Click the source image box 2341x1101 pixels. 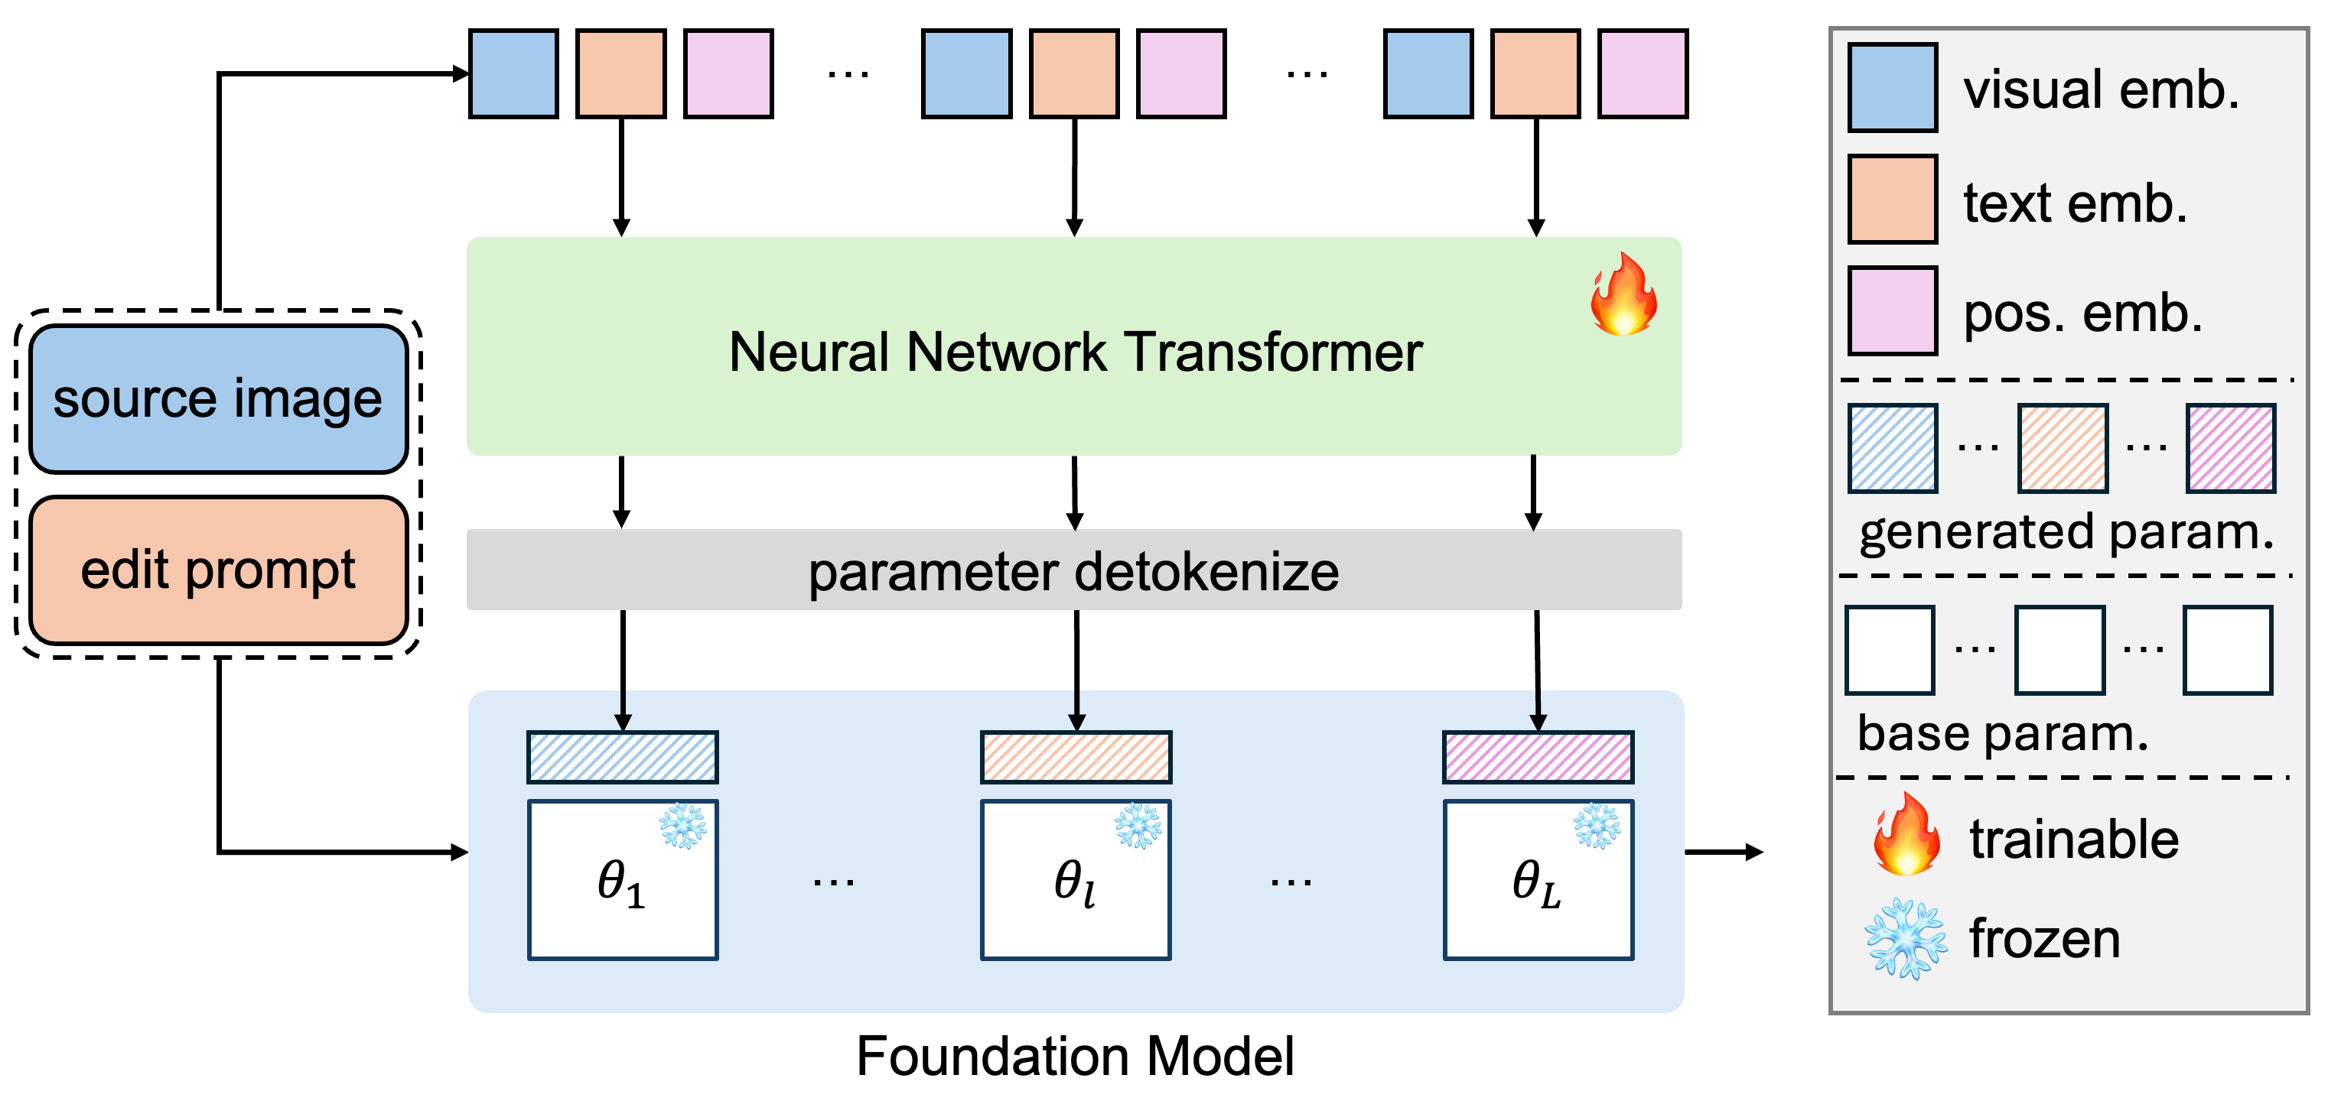click(218, 400)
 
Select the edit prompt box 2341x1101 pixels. click(218, 570)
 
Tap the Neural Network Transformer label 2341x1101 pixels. click(1075, 352)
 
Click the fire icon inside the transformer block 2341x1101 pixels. click(1624, 294)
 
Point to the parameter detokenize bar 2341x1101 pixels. click(1073, 570)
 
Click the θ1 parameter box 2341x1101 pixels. click(623, 879)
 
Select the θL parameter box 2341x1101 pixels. click(1538, 879)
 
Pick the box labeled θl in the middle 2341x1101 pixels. click(1075, 879)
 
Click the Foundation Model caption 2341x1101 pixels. click(1075, 1056)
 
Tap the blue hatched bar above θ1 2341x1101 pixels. click(623, 757)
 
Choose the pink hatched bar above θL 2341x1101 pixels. click(1538, 757)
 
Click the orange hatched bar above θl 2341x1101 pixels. click(1076, 757)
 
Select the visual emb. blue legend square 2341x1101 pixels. click(1892, 87)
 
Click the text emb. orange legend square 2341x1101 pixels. click(1892, 199)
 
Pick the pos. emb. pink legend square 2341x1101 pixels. click(1892, 310)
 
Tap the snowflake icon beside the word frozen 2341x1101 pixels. click(1906, 938)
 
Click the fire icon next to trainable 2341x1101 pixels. click(1906, 834)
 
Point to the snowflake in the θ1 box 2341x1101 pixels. click(682, 826)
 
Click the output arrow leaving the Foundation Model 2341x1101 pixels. click(1723, 852)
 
